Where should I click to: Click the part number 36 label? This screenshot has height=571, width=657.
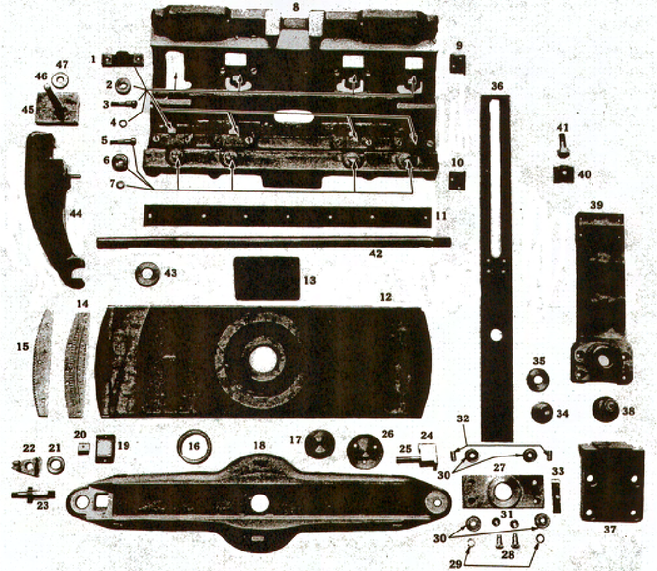(497, 86)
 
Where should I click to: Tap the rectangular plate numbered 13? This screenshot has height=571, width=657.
(266, 278)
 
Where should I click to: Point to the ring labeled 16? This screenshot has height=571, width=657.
(194, 447)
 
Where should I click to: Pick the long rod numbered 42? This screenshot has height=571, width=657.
(273, 242)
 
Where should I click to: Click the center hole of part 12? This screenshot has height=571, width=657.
(262, 360)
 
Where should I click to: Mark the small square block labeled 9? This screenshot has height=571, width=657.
(457, 64)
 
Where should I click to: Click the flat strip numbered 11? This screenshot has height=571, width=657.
(287, 216)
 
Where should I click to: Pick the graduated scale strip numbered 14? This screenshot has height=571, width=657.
(78, 365)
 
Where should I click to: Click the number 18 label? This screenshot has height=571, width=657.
(259, 445)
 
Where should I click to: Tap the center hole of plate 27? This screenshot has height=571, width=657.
(503, 492)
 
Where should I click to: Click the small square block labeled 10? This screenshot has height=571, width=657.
(457, 180)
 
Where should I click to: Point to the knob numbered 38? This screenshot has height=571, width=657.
(606, 410)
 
